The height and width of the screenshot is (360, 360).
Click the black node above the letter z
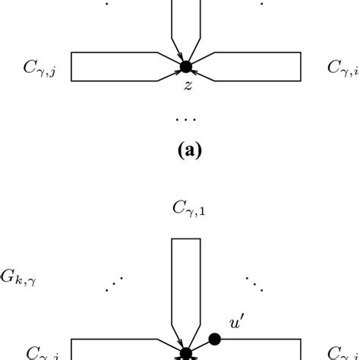183,67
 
